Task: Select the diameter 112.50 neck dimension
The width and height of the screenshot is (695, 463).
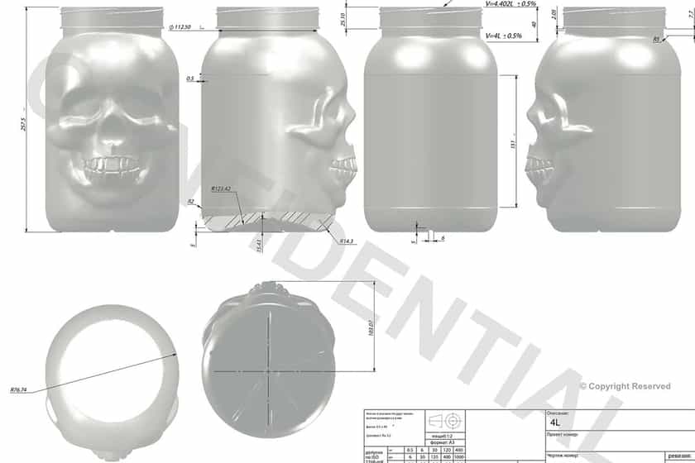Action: [x=180, y=27]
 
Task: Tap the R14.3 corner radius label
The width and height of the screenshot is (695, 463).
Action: [x=346, y=241]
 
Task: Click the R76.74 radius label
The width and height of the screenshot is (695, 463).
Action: [x=19, y=389]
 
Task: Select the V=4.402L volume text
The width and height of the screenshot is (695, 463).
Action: [x=510, y=4]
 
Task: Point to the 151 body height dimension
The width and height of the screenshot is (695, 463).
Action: [x=513, y=144]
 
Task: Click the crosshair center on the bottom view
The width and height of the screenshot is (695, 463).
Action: [x=269, y=370]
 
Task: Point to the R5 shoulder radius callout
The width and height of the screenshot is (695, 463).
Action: [x=656, y=39]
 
